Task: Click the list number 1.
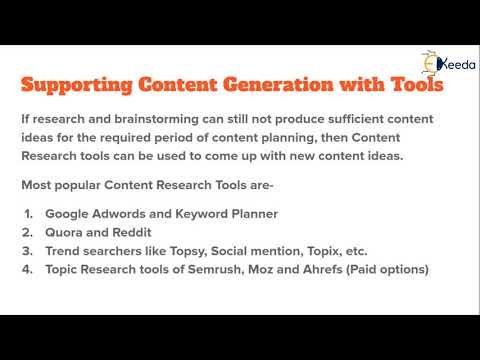click(28, 215)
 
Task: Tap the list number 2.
click(28, 233)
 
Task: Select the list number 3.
click(28, 251)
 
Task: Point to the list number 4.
click(28, 269)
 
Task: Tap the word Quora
click(65, 233)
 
